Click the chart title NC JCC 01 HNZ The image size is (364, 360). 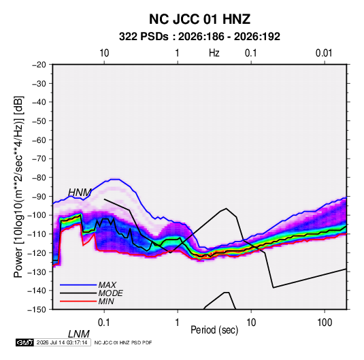click(199, 19)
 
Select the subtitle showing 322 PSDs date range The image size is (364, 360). click(199, 37)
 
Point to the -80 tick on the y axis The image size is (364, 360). click(39, 178)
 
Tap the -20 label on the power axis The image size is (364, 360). click(39, 65)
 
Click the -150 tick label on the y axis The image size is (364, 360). click(37, 310)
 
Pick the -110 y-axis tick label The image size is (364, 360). click(37, 234)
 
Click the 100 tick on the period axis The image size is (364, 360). click(325, 323)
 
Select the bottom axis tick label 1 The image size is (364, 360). click(178, 323)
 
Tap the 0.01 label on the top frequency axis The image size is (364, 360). click(324, 53)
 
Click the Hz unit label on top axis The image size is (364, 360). click(214, 53)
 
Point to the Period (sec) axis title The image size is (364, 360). click(214, 330)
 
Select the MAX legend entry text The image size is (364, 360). click(107, 285)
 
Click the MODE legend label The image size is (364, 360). click(110, 293)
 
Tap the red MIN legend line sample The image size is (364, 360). click(78, 301)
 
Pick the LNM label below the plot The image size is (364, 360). click(79, 334)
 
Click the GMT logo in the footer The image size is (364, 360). click(24, 342)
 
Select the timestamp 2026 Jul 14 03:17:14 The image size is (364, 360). click(62, 342)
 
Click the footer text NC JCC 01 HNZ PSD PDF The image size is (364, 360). click(123, 342)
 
